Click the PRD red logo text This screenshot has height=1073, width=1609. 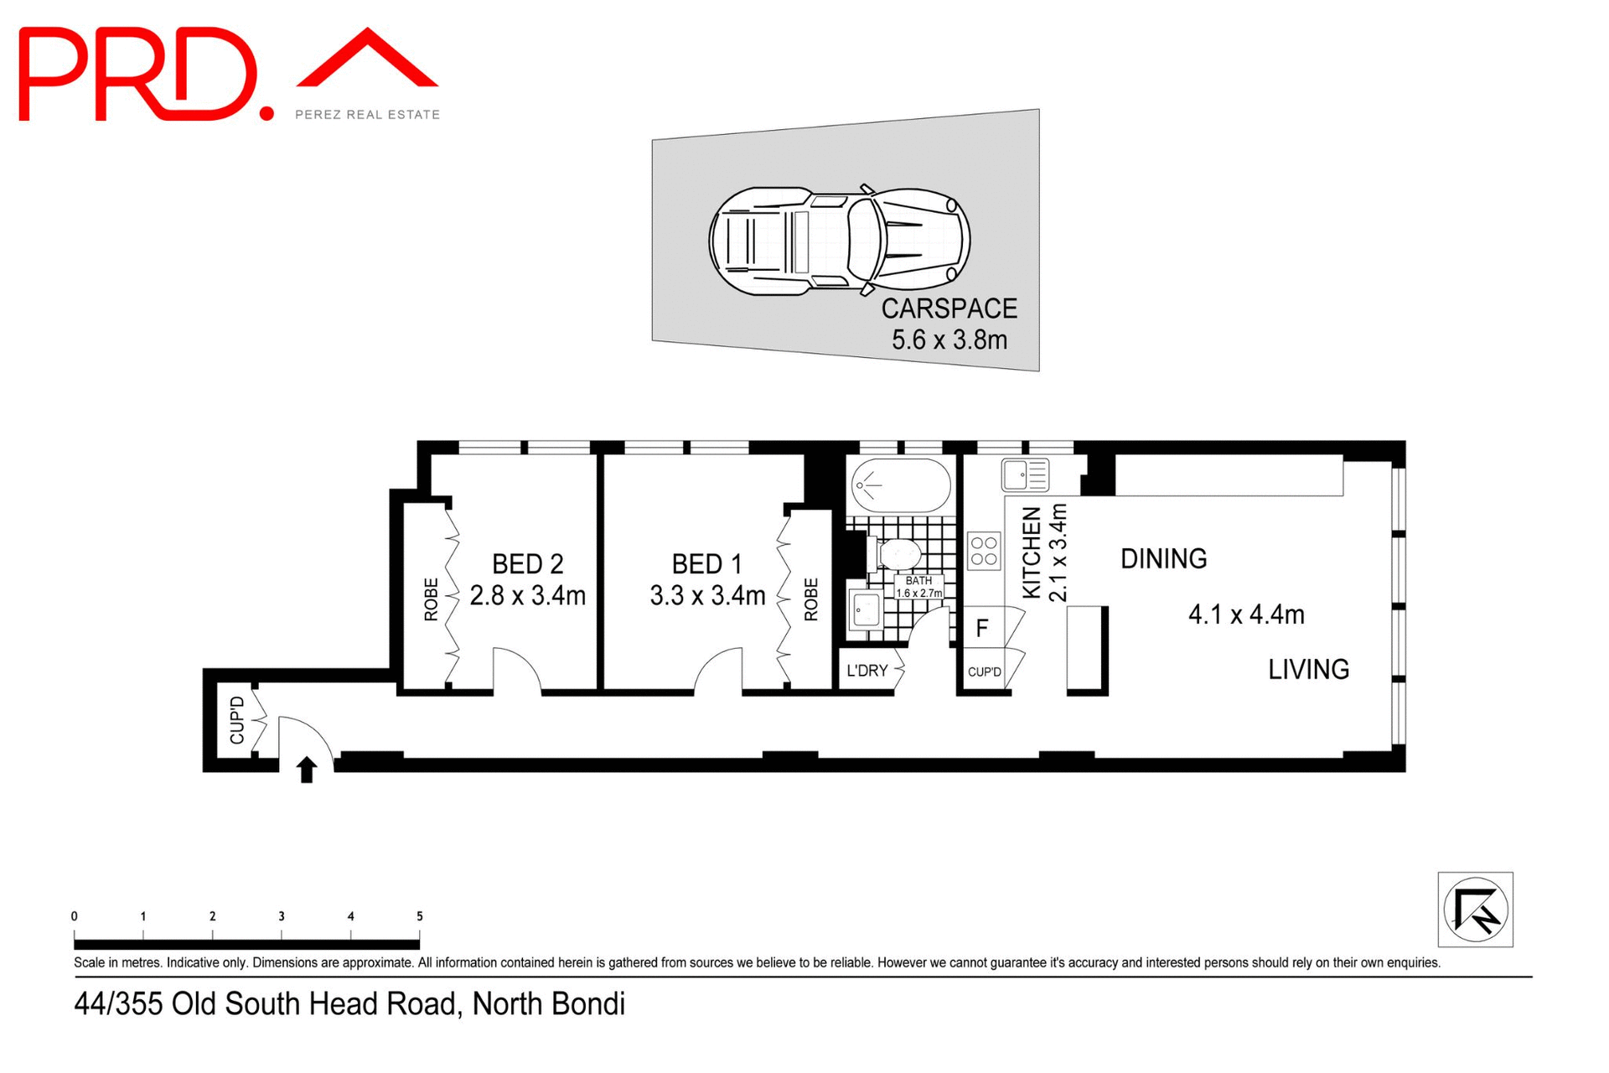138,75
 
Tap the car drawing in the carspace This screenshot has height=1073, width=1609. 839,241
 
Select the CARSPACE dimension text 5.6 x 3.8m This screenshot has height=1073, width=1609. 949,340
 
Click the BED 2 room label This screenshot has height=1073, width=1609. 527,563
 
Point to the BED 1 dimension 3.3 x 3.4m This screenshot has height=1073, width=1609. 707,596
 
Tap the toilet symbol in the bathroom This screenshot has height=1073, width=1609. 898,553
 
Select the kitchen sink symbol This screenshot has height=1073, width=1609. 1025,474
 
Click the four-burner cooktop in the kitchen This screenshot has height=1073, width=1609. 984,551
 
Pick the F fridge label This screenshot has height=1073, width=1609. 982,628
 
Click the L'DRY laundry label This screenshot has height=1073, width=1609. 867,671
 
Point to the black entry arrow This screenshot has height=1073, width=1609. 307,769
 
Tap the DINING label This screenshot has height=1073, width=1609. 1163,559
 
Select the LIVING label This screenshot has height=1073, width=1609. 1307,670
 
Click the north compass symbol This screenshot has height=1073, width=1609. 1475,910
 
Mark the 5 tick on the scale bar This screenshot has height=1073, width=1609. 419,917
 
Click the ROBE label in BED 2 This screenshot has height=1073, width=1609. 431,599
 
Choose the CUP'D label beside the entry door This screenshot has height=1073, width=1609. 237,720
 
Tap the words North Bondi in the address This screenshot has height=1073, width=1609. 548,1003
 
